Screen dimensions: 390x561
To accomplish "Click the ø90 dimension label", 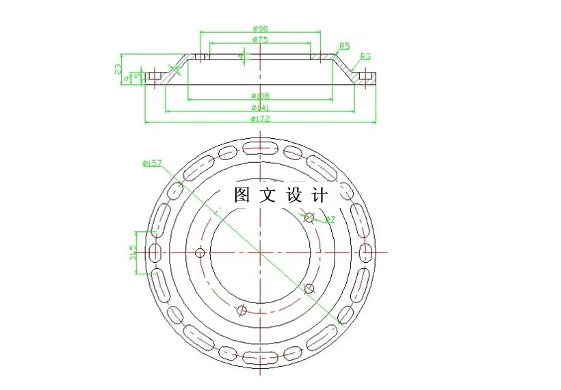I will click(259, 28).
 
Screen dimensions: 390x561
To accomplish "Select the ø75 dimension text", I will click(259, 40).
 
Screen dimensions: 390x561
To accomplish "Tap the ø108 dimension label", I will click(260, 95).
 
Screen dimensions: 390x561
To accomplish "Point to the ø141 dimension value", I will click(260, 107).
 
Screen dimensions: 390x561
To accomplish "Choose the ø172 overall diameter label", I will click(260, 119).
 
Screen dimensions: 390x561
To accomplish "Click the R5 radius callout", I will click(344, 46).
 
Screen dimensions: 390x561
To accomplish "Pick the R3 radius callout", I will click(365, 56).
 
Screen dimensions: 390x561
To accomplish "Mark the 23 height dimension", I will click(118, 68).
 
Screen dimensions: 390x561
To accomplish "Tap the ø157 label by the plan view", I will click(151, 163).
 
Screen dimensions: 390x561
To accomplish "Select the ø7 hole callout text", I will click(329, 219).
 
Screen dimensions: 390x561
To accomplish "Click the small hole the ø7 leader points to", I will click(309, 218).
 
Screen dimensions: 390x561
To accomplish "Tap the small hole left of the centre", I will click(200, 253).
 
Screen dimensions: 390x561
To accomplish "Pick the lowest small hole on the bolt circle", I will click(241, 310).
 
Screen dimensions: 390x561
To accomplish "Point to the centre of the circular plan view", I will click(260, 253).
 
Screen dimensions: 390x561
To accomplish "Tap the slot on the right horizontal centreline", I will click(366, 252).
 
